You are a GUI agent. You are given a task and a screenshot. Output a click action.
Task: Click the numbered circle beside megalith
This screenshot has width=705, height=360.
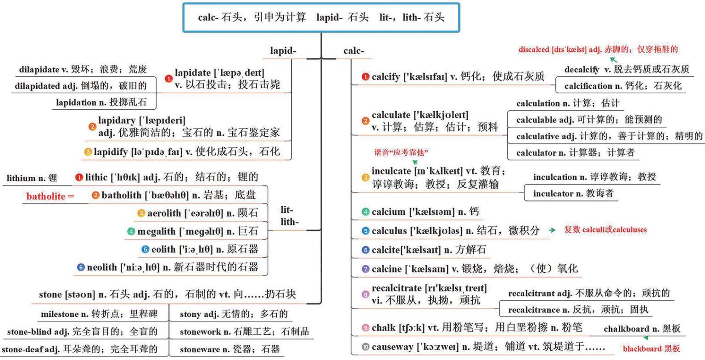point(131,231)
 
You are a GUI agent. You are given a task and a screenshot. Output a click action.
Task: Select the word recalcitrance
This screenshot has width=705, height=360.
point(534,310)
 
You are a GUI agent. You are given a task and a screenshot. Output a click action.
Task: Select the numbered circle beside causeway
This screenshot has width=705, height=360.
point(365,347)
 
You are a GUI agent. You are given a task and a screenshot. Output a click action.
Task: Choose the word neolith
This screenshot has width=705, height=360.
point(102,267)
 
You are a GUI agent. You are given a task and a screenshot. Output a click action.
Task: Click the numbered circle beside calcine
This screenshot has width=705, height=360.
point(365,269)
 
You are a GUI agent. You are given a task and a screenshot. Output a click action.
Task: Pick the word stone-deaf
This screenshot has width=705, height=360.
point(28,349)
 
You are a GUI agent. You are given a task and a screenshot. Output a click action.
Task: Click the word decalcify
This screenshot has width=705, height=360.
point(582,70)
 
